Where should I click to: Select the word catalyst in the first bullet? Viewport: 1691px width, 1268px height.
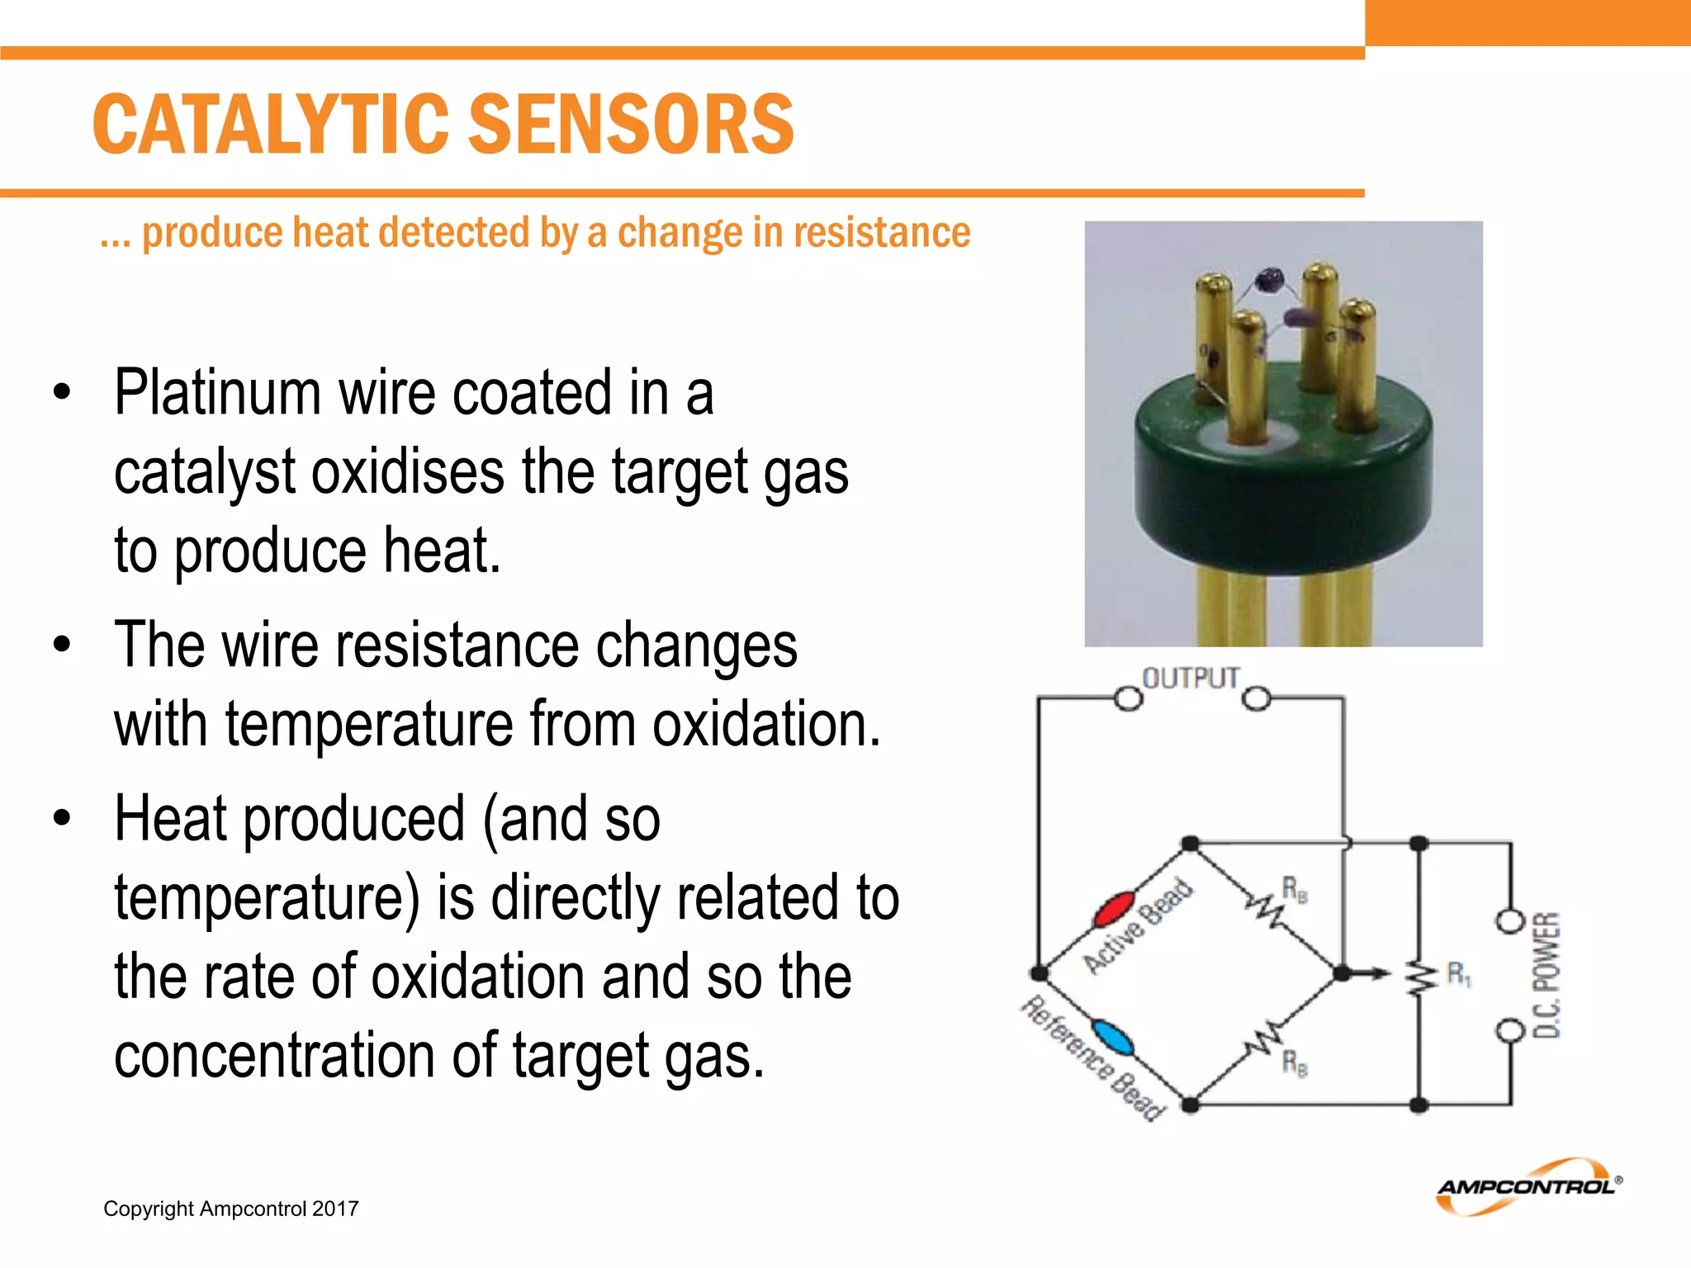coord(204,472)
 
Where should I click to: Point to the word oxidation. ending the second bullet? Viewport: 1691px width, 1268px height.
coord(766,725)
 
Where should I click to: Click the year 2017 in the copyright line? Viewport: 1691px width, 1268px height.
coord(335,1209)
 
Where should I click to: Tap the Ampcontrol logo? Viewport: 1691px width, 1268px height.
coord(1528,1186)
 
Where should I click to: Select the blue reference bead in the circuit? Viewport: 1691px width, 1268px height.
coord(1112,1038)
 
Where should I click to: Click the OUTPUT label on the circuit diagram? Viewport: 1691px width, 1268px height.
coord(1190,679)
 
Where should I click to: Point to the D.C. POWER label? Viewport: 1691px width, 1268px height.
coord(1546,975)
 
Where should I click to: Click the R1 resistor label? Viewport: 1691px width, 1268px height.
coord(1458,975)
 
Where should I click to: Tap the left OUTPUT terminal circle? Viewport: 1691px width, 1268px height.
coord(1128,699)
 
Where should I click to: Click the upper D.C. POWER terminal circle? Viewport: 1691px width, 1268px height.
coord(1510,920)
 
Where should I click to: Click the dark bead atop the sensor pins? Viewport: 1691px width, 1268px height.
coord(1269,280)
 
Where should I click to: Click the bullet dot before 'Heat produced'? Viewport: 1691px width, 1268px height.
coord(62,819)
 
